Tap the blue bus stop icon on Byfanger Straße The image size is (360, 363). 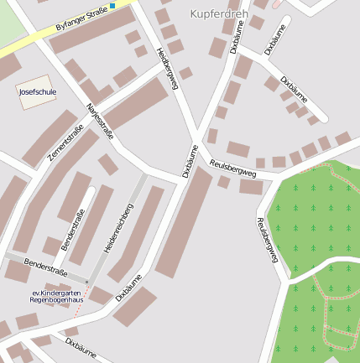coord(112,6)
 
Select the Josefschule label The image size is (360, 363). coord(36,92)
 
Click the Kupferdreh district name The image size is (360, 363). coord(218,14)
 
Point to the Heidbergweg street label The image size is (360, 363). coord(168,68)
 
